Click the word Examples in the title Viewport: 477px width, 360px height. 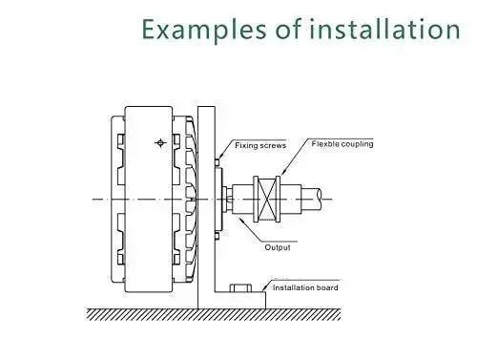[203, 30]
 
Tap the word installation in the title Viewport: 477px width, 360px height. [384, 29]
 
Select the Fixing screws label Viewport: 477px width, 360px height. [260, 145]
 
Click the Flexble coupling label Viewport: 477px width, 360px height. [342, 144]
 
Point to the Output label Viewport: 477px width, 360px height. [278, 247]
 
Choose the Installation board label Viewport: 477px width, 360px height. [305, 287]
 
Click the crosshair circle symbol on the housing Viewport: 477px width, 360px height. [160, 143]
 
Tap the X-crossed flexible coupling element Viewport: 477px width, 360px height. [267, 200]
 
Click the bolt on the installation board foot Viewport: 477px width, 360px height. [240, 287]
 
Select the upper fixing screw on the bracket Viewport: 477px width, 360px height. [217, 162]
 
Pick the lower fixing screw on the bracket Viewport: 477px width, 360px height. [217, 236]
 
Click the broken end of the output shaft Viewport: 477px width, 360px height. [319, 199]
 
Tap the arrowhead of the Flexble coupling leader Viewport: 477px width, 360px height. [282, 173]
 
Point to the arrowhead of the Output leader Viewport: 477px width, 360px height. [239, 220]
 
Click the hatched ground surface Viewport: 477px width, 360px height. [214, 314]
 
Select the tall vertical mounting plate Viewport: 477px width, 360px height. [206, 207]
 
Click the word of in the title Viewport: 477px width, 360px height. [288, 30]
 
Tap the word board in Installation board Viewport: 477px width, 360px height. [327, 287]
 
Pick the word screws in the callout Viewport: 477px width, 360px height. [273, 146]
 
